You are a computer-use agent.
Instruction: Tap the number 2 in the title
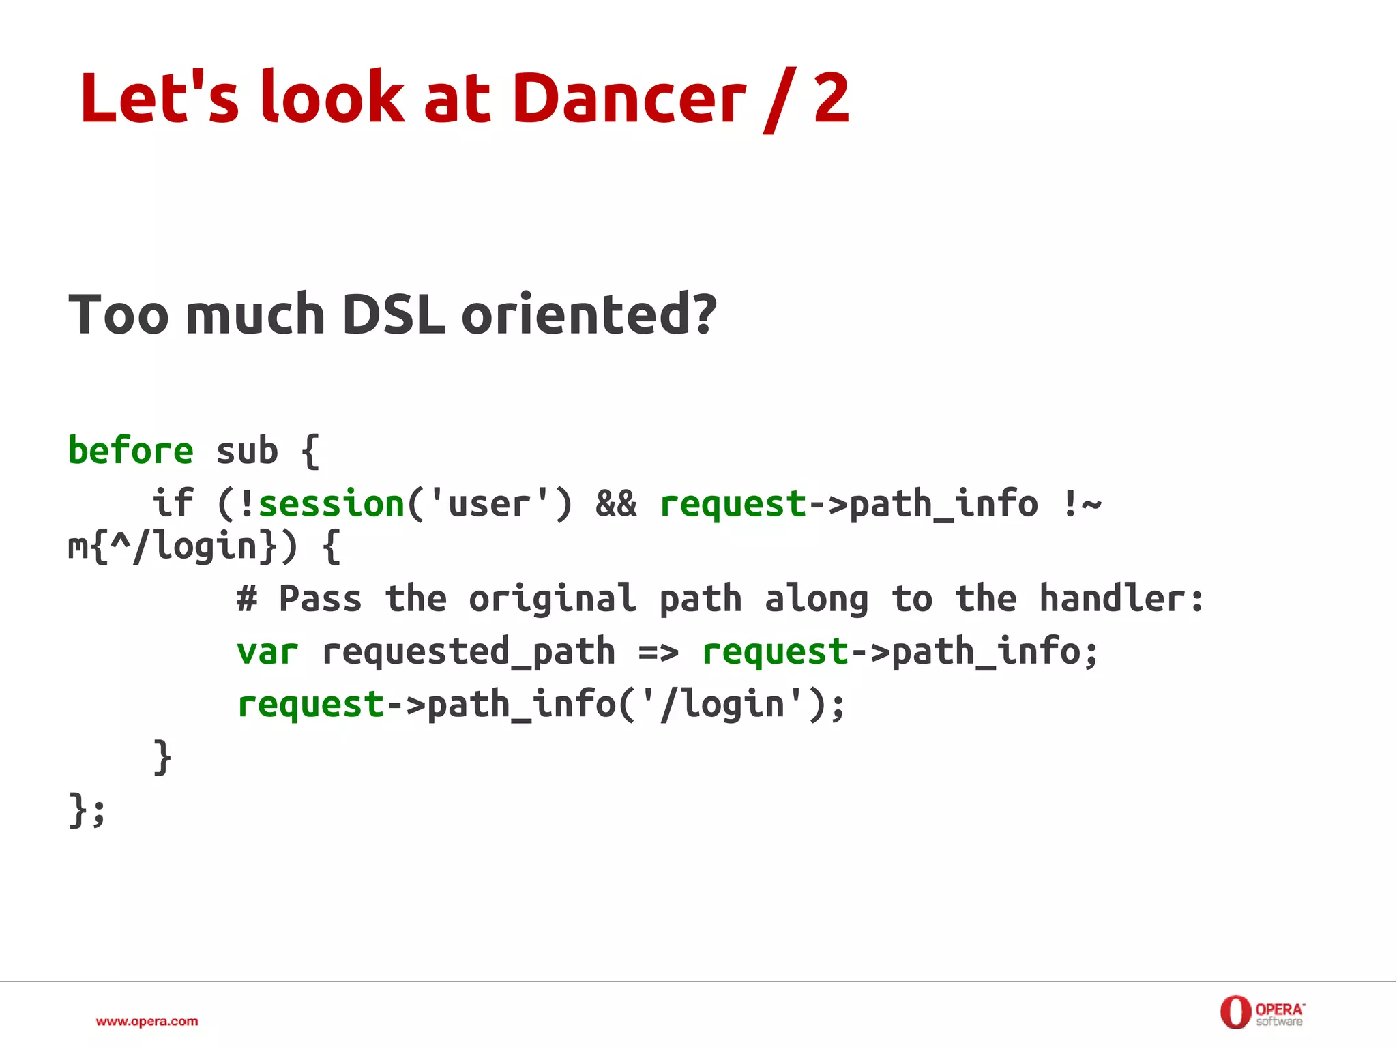(x=832, y=99)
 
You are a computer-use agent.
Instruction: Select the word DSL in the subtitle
(x=393, y=314)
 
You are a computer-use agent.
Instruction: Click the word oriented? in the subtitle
(x=589, y=314)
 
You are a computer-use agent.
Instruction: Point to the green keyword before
(x=131, y=451)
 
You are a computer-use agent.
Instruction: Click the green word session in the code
(x=332, y=504)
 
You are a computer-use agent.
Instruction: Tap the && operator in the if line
(x=616, y=504)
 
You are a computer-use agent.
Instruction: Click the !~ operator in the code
(x=1081, y=504)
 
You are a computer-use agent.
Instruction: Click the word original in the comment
(x=553, y=599)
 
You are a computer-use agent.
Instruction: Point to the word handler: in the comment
(x=1121, y=599)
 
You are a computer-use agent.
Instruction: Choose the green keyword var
(x=267, y=651)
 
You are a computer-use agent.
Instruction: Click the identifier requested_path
(x=468, y=651)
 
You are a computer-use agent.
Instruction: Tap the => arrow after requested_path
(x=658, y=651)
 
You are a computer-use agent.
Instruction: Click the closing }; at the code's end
(x=87, y=810)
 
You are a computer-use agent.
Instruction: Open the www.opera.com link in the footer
(x=147, y=1021)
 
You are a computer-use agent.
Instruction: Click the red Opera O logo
(x=1235, y=1012)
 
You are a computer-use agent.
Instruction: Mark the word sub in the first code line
(x=247, y=451)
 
